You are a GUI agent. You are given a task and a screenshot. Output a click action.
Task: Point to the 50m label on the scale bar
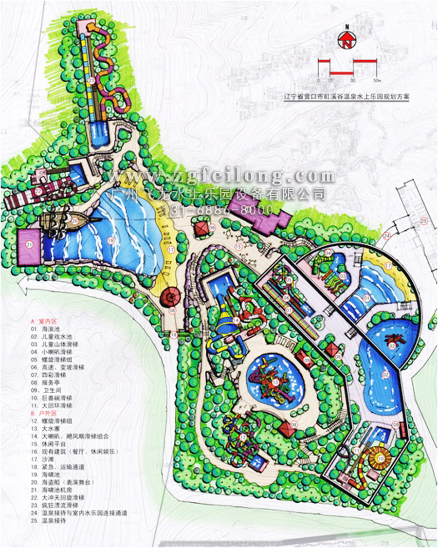[376, 79]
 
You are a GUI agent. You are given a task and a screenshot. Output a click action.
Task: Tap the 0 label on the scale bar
[318, 79]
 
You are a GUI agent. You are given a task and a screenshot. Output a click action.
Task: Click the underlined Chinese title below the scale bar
[346, 97]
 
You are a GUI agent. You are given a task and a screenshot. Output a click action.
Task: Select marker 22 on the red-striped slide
[38, 192]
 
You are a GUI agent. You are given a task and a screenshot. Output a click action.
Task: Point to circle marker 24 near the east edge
[387, 237]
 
